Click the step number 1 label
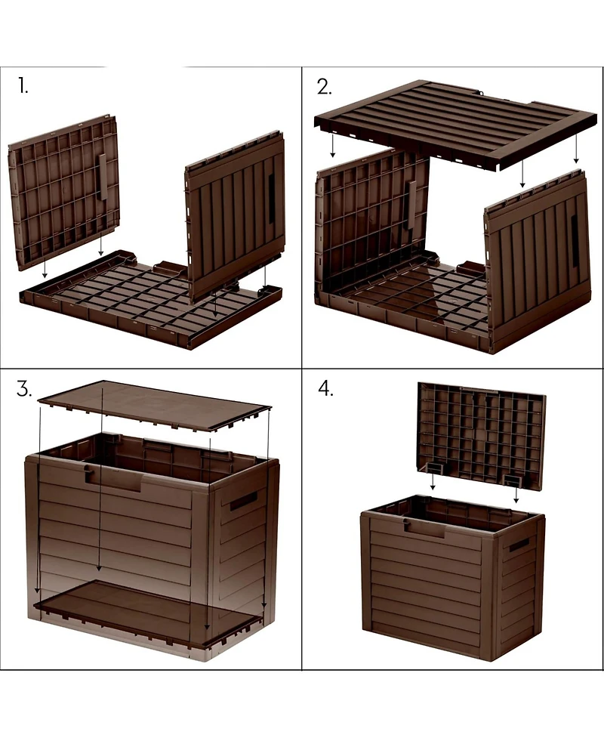coord(23,86)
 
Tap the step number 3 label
coord(24,390)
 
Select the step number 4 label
coord(325,390)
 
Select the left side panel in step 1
coord(63,192)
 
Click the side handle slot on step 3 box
coord(243,501)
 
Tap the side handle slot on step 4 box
coord(519,545)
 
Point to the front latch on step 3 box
coord(89,474)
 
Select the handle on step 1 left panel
coord(103,178)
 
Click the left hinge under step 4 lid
coord(435,469)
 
